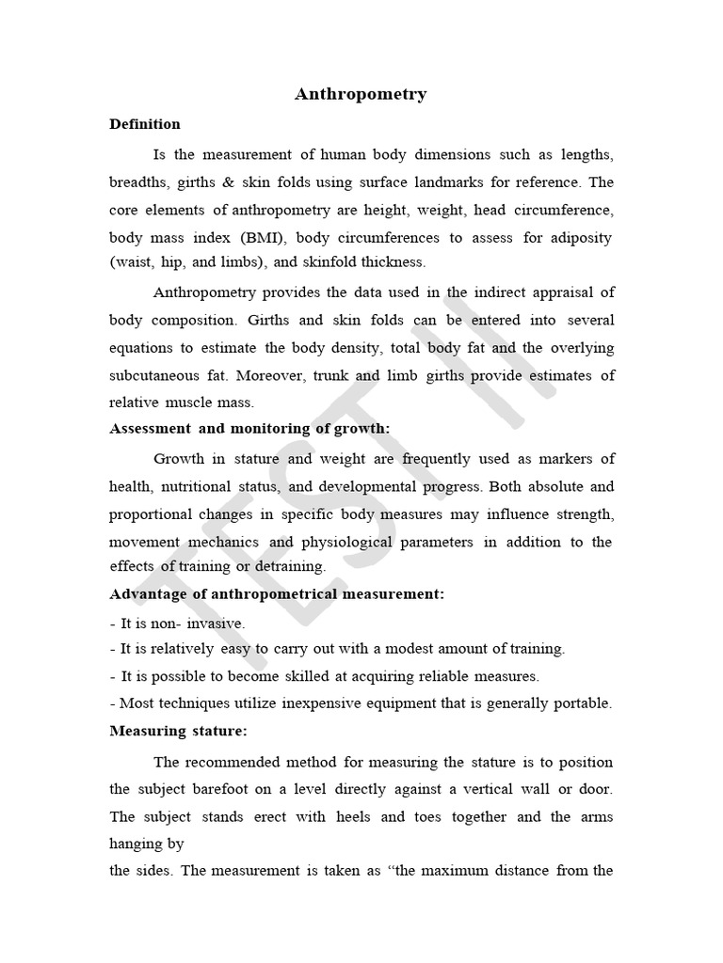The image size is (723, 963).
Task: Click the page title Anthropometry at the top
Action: pyautogui.click(x=361, y=94)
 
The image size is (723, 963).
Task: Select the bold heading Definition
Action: pyautogui.click(x=145, y=124)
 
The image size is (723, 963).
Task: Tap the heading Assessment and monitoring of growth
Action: pyautogui.click(x=249, y=429)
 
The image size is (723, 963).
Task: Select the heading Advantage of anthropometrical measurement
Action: pyautogui.click(x=277, y=594)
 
